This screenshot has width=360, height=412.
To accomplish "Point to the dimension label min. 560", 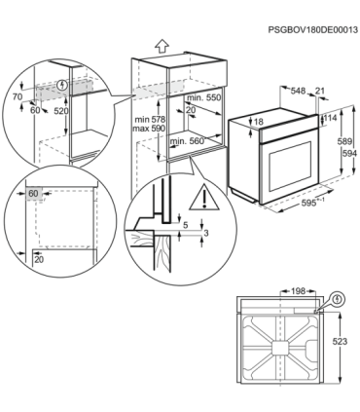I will [187, 141].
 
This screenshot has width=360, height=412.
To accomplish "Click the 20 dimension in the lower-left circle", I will [38, 260].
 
